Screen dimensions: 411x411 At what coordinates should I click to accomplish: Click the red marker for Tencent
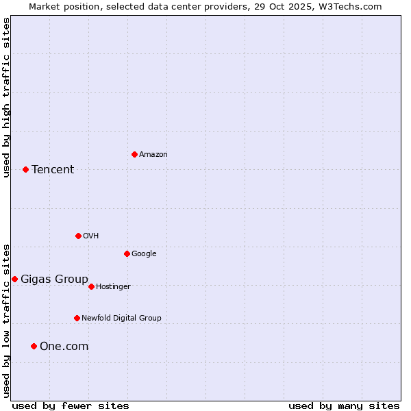coord(25,169)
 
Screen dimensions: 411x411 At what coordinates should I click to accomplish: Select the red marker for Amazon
coord(134,154)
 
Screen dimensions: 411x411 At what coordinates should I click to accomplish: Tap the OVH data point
coord(78,236)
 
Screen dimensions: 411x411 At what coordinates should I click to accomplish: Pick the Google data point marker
coord(127,253)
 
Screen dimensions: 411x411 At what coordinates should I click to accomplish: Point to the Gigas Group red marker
coord(14,279)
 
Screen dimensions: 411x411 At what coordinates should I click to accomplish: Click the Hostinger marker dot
coord(91,286)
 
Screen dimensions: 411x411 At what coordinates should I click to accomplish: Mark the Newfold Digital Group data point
coord(77,318)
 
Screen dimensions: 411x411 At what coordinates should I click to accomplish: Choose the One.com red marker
coord(34,346)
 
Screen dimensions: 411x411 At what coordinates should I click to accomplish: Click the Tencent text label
coord(53,169)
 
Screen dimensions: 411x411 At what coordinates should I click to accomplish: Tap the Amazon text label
coord(153,154)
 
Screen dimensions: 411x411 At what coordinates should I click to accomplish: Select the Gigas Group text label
coord(54,279)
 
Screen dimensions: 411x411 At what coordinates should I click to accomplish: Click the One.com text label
coord(64,346)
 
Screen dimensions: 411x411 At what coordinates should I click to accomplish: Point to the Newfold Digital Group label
coord(121,318)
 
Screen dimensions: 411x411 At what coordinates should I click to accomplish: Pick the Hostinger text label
coord(113,286)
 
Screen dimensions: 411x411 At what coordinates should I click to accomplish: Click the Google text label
coord(144,253)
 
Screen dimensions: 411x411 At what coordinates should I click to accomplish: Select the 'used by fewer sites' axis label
coord(71,406)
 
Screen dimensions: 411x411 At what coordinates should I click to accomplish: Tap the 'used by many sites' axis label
coord(344,406)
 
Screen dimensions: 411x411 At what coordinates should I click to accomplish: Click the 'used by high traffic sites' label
coord(6,97)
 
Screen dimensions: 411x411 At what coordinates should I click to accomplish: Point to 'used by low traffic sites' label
coord(6,321)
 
